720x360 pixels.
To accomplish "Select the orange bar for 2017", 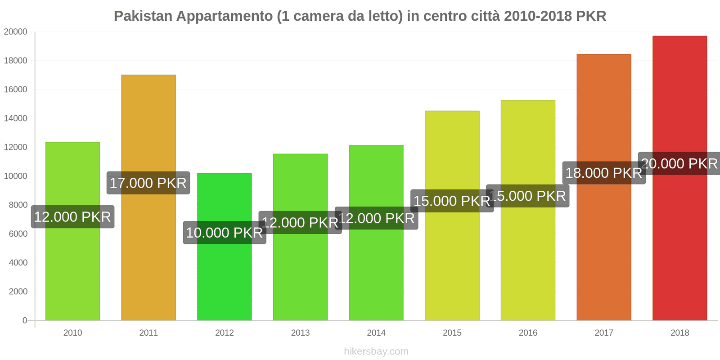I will click(604, 252).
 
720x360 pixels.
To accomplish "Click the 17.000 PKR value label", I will click(148, 183).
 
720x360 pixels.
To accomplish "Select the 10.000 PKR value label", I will click(224, 233).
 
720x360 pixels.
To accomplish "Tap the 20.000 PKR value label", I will click(679, 164).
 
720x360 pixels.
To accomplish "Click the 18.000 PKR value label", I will click(603, 173).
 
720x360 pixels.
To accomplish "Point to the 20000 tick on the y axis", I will click(16, 32).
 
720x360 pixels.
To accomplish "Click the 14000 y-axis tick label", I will click(16, 118).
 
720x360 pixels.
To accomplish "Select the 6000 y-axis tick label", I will click(18, 234).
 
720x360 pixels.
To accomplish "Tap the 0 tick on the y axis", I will click(25, 320).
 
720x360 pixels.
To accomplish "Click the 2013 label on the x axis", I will click(300, 333).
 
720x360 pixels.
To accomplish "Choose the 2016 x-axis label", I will click(528, 333).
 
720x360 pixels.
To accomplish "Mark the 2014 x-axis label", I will click(376, 333).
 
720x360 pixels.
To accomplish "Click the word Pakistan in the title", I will click(143, 16).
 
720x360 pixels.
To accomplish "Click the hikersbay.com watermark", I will click(376, 351).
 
